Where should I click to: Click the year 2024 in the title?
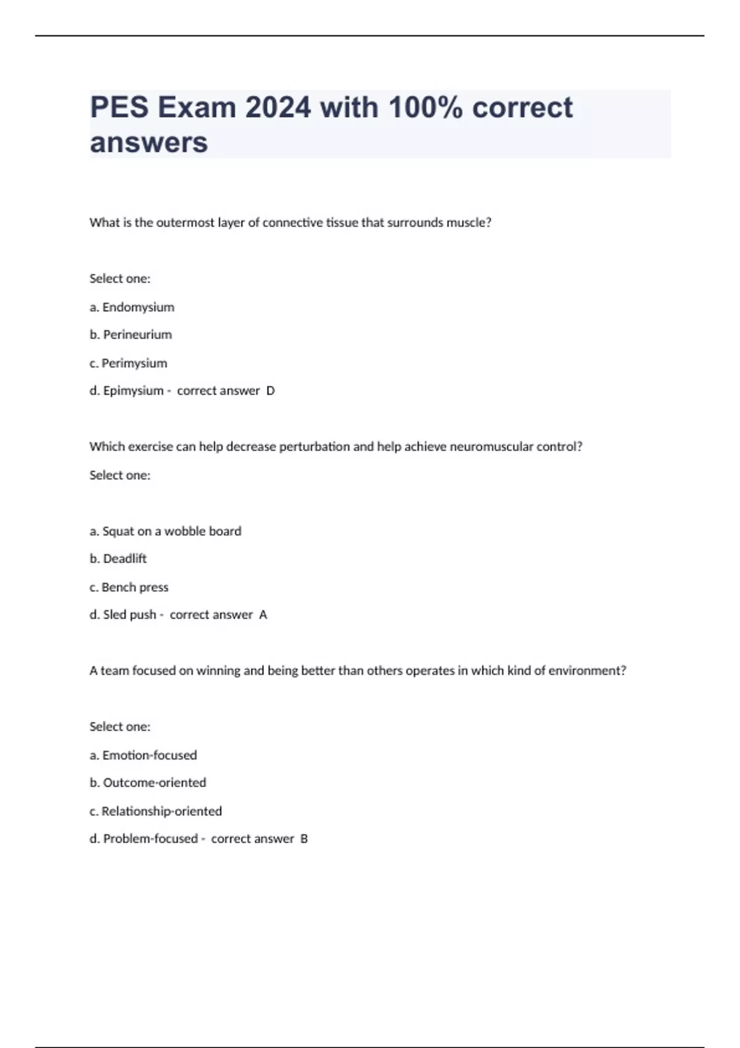(277, 108)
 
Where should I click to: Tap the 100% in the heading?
(425, 108)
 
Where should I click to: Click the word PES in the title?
(119, 108)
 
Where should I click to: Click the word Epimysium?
(133, 391)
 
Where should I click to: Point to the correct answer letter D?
(270, 391)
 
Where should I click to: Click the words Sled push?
(129, 615)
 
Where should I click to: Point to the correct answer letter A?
(263, 615)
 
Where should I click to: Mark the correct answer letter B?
(304, 839)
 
